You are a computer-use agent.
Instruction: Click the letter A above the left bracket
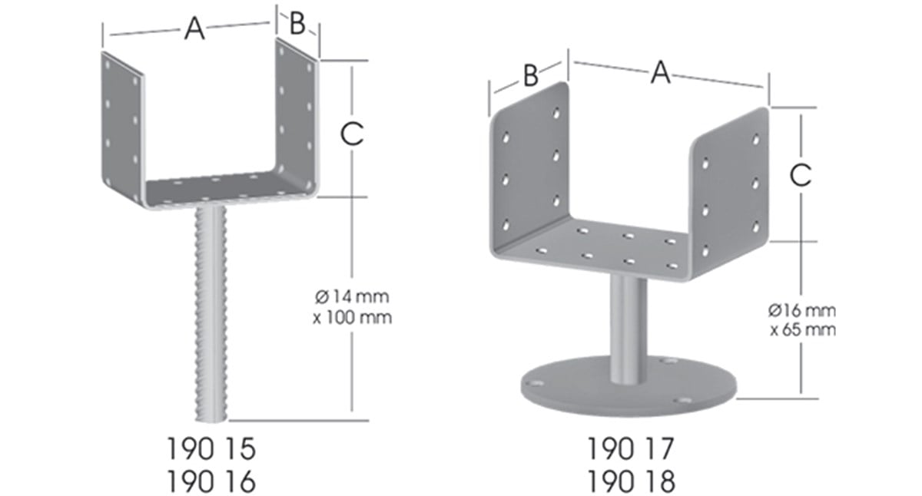(x=195, y=28)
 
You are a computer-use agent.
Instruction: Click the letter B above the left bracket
(x=297, y=24)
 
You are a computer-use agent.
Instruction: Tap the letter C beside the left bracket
(x=351, y=134)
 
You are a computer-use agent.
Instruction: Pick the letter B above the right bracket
(x=530, y=75)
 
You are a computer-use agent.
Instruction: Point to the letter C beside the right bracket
(x=801, y=176)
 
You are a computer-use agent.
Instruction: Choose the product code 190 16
(x=210, y=481)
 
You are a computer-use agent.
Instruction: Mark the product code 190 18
(x=631, y=481)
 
